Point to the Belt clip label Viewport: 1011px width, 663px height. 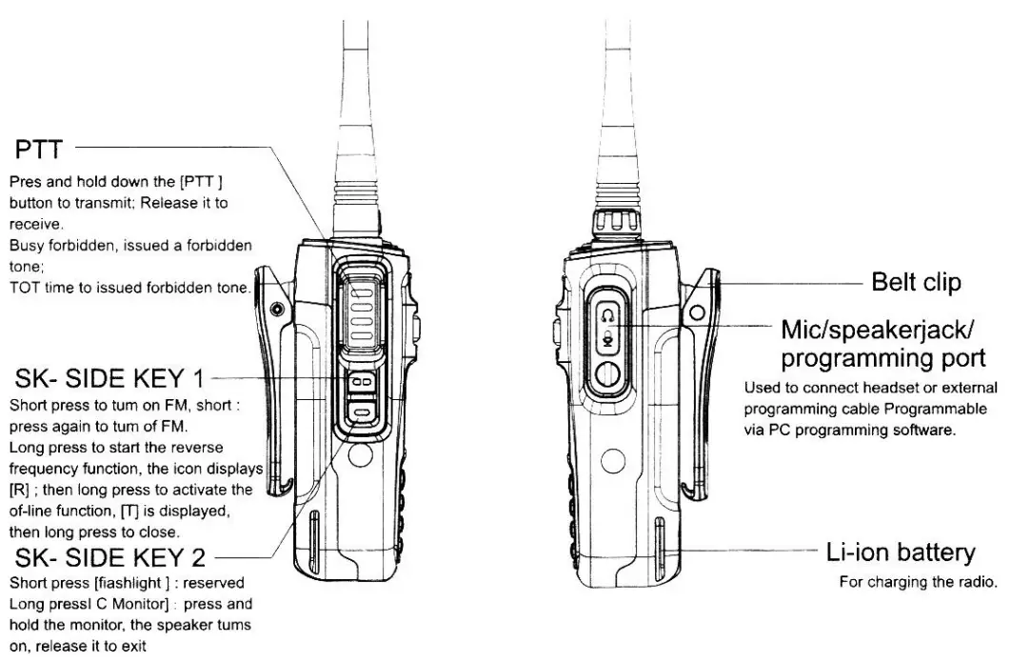916,282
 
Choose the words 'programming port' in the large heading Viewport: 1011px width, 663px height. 882,358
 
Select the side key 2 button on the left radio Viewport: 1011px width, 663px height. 360,411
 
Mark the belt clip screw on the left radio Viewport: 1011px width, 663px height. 277,309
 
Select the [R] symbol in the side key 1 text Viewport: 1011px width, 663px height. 16,490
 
